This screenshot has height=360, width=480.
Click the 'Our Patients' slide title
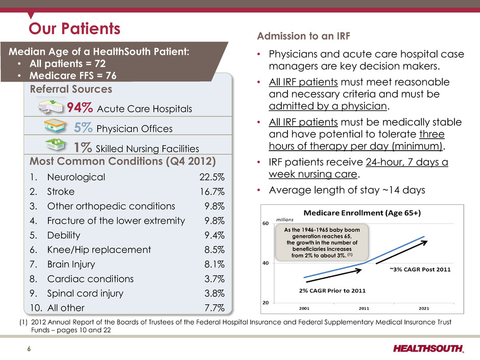click(75, 29)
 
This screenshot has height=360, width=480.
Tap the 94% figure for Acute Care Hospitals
click(80, 108)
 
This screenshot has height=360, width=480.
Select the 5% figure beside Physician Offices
click(83, 127)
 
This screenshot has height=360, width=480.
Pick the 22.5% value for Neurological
click(212, 177)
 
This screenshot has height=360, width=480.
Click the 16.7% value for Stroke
click(212, 191)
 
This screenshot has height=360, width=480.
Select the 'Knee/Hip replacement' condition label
click(99, 250)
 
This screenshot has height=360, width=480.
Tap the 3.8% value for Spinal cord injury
click(214, 293)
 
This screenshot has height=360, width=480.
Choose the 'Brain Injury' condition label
click(71, 264)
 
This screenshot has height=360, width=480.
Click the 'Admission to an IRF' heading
click(303, 36)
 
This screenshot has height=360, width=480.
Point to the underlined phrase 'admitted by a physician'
click(328, 106)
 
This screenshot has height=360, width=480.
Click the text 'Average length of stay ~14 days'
click(347, 190)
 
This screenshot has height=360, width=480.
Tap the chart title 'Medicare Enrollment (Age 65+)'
click(362, 213)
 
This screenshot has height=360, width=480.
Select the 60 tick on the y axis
click(266, 224)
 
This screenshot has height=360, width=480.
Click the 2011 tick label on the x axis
click(364, 308)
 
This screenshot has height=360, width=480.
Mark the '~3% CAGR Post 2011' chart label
click(420, 270)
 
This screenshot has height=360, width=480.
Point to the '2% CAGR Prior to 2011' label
click(332, 291)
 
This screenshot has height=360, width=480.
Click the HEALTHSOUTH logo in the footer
click(428, 348)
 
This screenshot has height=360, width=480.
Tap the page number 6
click(29, 349)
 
